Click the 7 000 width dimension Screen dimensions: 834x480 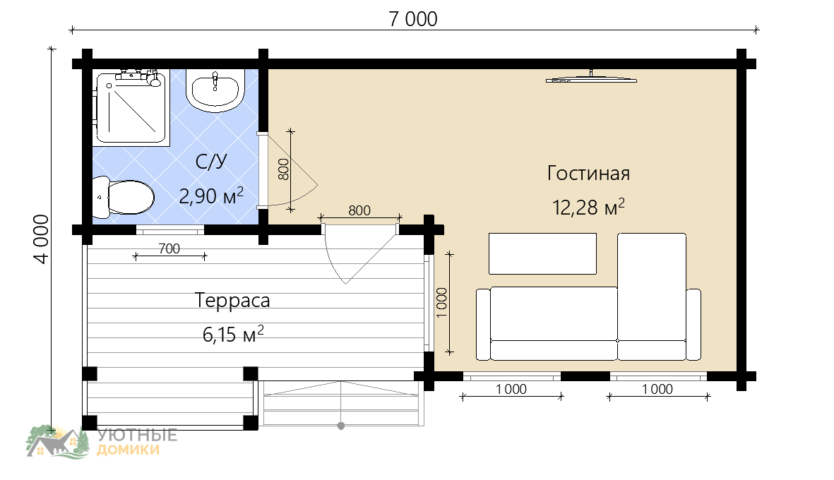coord(413,19)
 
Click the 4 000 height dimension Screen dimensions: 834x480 coord(42,239)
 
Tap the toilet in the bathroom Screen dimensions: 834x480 coord(124,197)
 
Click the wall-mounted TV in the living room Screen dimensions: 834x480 coord(592,78)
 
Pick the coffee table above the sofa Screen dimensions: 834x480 coord(542,253)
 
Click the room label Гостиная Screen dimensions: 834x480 coord(589,173)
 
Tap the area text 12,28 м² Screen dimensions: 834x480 coord(588,207)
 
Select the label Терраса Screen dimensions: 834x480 coord(232,300)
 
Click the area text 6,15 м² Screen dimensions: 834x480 coord(233,335)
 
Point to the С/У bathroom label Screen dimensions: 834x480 coord(211,162)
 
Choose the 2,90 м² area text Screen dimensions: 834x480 coord(211,196)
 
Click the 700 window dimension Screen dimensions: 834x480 coord(169,248)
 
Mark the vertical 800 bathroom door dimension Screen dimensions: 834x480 coord(283,169)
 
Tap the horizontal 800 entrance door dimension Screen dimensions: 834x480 coord(359,210)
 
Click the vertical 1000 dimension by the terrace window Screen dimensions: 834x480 coord(442,303)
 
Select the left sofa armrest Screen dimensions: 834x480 coord(483,324)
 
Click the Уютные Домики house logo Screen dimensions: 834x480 coord(58,441)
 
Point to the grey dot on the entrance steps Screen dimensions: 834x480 coord(341,426)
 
